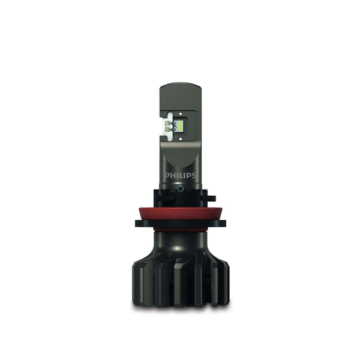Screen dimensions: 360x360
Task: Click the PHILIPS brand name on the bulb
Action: coord(180,175)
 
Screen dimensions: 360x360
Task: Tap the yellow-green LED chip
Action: coord(180,126)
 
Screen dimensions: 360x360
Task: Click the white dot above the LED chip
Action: coord(181,113)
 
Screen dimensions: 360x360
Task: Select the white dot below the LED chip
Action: coord(181,139)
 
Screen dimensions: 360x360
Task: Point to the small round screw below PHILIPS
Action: coord(181,188)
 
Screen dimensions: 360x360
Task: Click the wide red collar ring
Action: coord(180,214)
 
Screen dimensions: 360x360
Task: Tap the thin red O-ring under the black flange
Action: coord(180,230)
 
